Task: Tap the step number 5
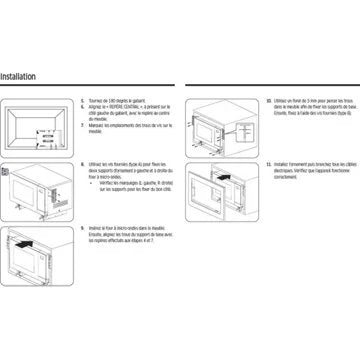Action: pyautogui.click(x=82, y=101)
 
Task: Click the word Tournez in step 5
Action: pyautogui.click(x=96, y=101)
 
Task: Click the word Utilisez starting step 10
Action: pyautogui.click(x=285, y=101)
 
